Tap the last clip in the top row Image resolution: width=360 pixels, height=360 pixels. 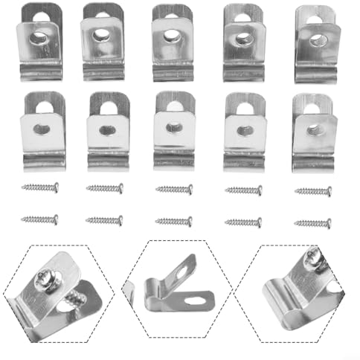tap(315, 45)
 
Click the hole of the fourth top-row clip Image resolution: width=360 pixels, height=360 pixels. tap(243, 36)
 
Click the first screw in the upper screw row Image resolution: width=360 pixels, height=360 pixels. tap(39, 188)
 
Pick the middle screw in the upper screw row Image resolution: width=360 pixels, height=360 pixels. tap(174, 189)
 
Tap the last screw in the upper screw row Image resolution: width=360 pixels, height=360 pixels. tap(313, 191)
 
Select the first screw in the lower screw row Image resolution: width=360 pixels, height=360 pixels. tap(39, 219)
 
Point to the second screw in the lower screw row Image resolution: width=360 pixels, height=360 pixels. tap(105, 220)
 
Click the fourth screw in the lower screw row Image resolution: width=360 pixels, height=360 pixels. tap(243, 222)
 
